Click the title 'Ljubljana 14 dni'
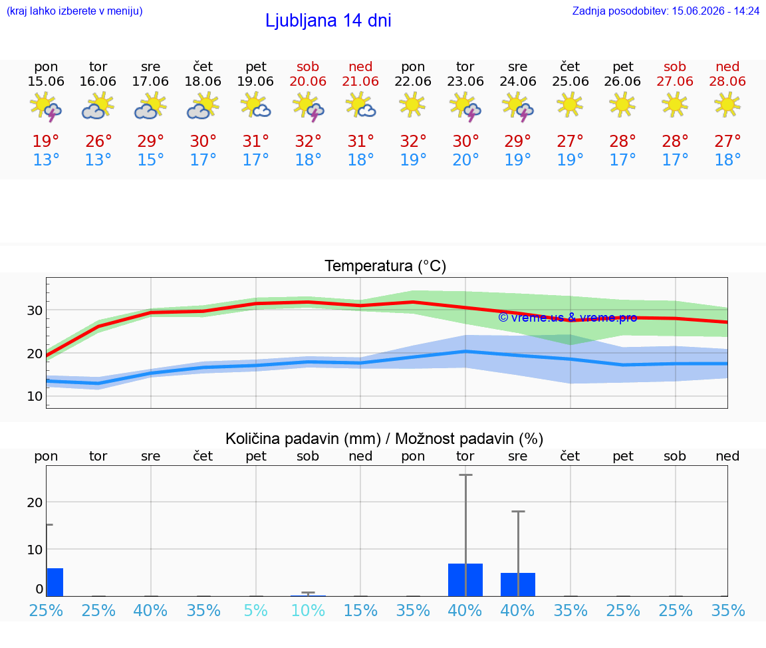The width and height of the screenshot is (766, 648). (x=328, y=21)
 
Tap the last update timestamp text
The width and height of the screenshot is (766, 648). (x=666, y=11)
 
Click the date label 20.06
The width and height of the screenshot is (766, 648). (x=308, y=81)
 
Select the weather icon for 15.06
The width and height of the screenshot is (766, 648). (x=45, y=106)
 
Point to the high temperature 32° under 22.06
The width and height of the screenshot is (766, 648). (x=413, y=141)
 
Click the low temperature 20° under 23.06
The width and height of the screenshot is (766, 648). (x=465, y=160)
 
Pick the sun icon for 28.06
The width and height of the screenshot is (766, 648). (x=727, y=104)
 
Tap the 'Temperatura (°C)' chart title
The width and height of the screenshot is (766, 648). (x=386, y=266)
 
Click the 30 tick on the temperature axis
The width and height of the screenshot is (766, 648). (x=35, y=310)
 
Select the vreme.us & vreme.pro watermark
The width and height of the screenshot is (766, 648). (x=568, y=318)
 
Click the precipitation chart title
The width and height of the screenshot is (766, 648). (x=384, y=439)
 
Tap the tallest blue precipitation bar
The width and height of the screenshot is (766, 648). (x=465, y=580)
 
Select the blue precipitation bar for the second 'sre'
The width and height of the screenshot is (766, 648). (x=518, y=584)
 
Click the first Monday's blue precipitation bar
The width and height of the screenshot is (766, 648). (x=55, y=582)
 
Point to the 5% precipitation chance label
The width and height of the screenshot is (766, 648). (x=255, y=610)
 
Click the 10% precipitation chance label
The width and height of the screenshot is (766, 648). (x=308, y=610)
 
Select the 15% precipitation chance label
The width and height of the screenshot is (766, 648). (x=360, y=610)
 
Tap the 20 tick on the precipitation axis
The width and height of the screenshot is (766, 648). (x=35, y=502)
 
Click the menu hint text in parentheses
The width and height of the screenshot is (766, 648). (x=74, y=11)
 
